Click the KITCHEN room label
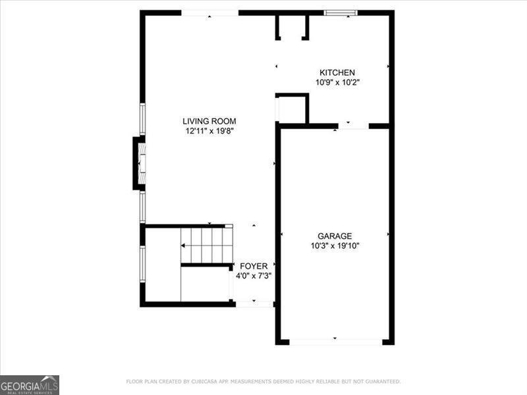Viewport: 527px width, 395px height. tap(337, 72)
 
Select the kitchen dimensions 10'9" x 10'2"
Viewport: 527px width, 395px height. tap(337, 82)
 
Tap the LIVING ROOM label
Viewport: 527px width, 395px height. tap(209, 121)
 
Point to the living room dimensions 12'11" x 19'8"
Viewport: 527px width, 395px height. tap(209, 131)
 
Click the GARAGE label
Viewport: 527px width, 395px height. tap(335, 236)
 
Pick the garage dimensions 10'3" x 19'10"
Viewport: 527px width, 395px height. tap(335, 246)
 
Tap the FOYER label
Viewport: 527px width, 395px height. tap(254, 266)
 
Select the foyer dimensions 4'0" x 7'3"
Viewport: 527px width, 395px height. tap(254, 276)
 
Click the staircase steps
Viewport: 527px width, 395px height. tap(207, 244)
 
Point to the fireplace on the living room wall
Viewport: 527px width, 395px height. tap(140, 163)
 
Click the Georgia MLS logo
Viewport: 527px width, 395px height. tap(30, 384)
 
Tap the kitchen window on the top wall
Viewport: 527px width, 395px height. tap(341, 12)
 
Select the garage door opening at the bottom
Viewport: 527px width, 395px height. tap(335, 342)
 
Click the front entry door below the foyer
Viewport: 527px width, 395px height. tap(254, 304)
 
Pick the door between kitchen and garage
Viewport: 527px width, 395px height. tap(354, 125)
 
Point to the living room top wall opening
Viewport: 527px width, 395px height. tap(209, 13)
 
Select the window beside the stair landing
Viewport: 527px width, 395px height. tap(142, 264)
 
